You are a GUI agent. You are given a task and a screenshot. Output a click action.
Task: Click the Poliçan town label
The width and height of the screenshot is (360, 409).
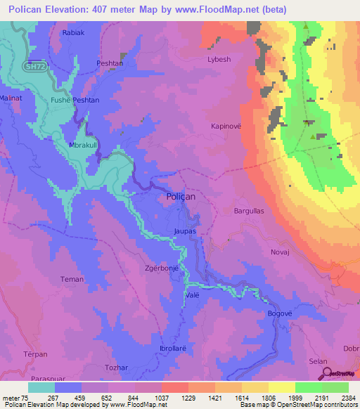click(x=181, y=198)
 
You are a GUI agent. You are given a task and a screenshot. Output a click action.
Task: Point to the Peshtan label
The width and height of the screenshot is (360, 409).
click(x=110, y=63)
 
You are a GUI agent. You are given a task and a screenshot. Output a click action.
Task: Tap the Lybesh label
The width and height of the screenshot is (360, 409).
click(x=219, y=60)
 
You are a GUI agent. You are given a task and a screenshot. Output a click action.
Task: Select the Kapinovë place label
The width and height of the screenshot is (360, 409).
click(x=226, y=126)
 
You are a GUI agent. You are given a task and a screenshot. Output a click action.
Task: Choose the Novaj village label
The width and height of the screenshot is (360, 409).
click(x=279, y=251)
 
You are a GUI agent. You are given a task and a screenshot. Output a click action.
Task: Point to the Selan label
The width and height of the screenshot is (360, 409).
click(x=318, y=361)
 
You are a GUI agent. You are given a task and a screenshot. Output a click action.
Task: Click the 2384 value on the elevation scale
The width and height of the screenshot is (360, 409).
click(x=347, y=397)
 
